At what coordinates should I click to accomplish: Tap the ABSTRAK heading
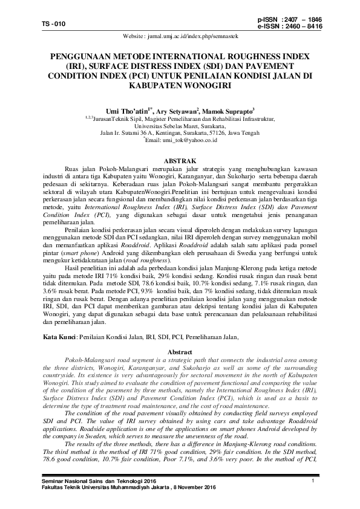[x=180, y=160]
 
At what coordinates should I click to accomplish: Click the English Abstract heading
[x=179, y=352]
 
